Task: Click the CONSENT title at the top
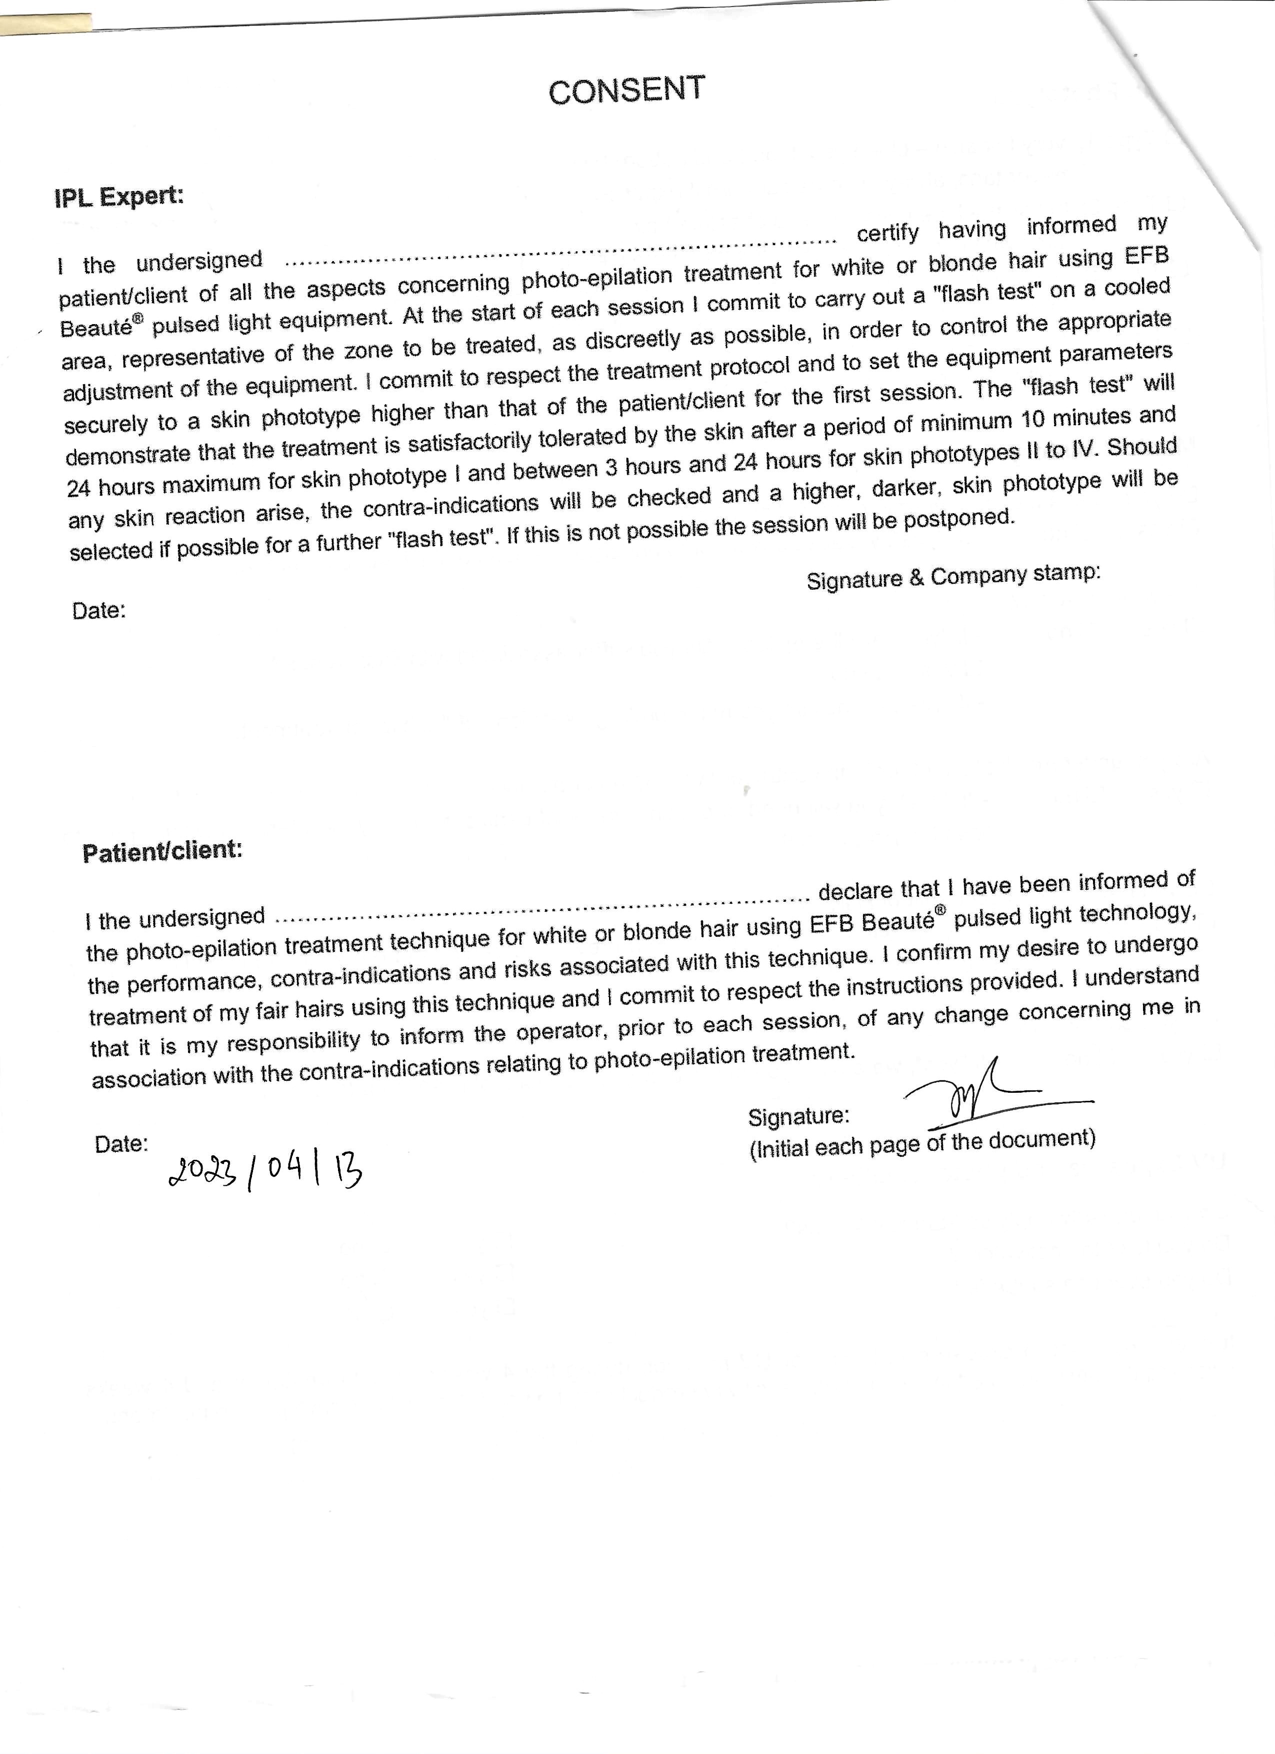(x=626, y=91)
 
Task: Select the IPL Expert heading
(x=119, y=197)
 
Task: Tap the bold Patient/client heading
(x=162, y=851)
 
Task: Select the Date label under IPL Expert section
(x=99, y=611)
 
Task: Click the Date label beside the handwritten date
(x=121, y=1144)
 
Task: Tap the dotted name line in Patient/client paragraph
(x=541, y=907)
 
